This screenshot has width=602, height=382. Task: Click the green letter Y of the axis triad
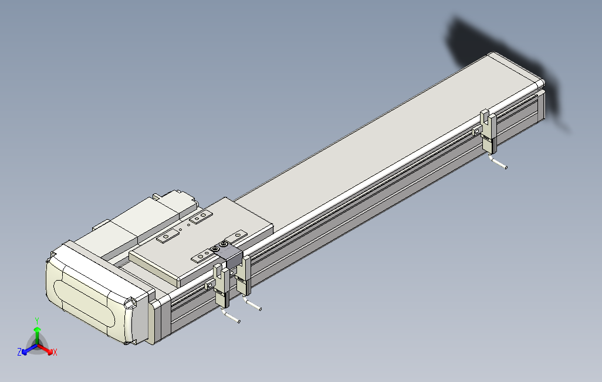(36, 320)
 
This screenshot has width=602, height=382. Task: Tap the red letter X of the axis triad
(55, 352)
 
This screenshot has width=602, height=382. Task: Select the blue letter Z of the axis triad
(19, 352)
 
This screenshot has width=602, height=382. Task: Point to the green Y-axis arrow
(37, 334)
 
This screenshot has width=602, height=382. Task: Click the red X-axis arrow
(47, 349)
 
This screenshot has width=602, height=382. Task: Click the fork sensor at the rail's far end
(488, 131)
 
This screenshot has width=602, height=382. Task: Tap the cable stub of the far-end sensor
(499, 163)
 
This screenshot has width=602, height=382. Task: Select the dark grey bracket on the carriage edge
(229, 253)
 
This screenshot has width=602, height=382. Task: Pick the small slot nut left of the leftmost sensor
(210, 285)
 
